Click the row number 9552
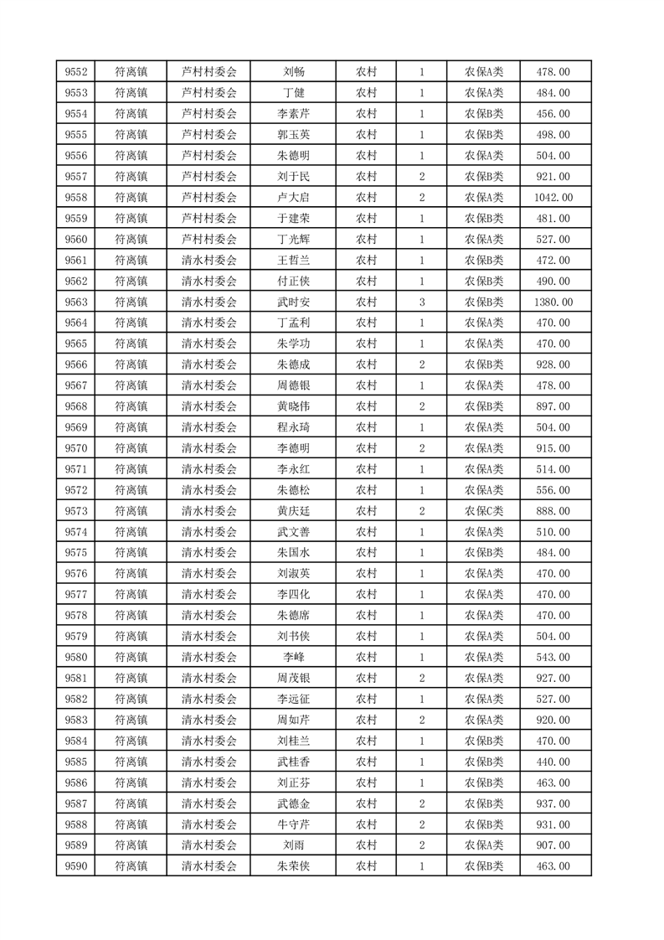pos(76,72)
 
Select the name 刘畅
pos(294,72)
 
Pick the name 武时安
pos(294,302)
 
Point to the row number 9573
pos(76,511)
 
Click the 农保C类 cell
pos(484,511)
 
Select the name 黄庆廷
pos(294,511)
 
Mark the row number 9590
pos(76,866)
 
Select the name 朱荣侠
pos(294,866)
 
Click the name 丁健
pos(294,93)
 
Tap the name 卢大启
pos(294,198)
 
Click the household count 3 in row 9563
pos(421,302)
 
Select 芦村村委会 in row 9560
pos(209,240)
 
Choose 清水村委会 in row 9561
pos(209,261)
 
